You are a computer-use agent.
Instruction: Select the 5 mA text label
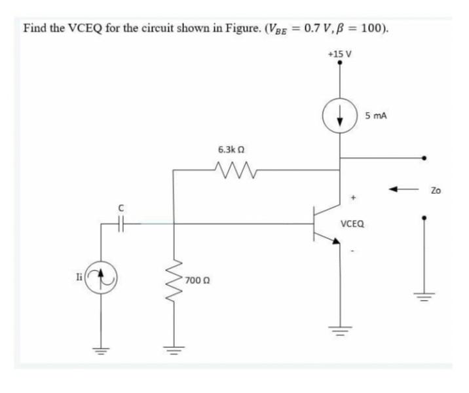(x=376, y=115)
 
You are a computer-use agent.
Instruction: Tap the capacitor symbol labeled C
(x=119, y=223)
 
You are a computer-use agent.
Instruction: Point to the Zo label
(x=436, y=191)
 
